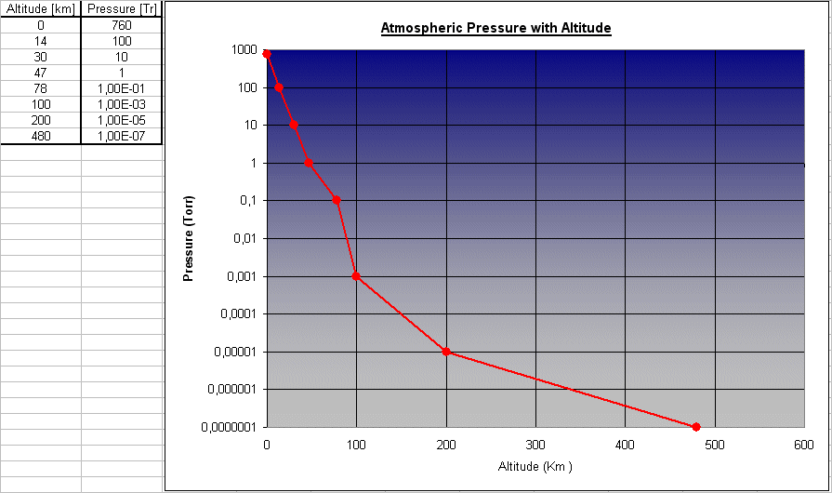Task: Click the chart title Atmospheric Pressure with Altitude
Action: coord(495,28)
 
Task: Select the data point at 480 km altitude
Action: coord(696,427)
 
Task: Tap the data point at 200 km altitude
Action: coord(446,352)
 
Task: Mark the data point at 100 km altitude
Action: coord(356,276)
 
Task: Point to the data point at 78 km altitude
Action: coord(337,200)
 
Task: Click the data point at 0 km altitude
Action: coord(267,54)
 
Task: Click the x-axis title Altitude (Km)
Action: coord(535,466)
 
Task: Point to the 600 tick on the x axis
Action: coord(804,444)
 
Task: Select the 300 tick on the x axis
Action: coord(535,444)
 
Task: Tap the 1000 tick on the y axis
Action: coord(244,49)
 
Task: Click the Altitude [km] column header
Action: coord(40,9)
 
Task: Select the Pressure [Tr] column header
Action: coord(121,9)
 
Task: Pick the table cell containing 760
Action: coord(121,25)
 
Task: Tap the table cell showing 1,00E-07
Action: coord(121,136)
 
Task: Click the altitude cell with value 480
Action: coord(40,136)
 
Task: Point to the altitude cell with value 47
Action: coord(40,73)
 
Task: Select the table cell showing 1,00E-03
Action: coord(121,104)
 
